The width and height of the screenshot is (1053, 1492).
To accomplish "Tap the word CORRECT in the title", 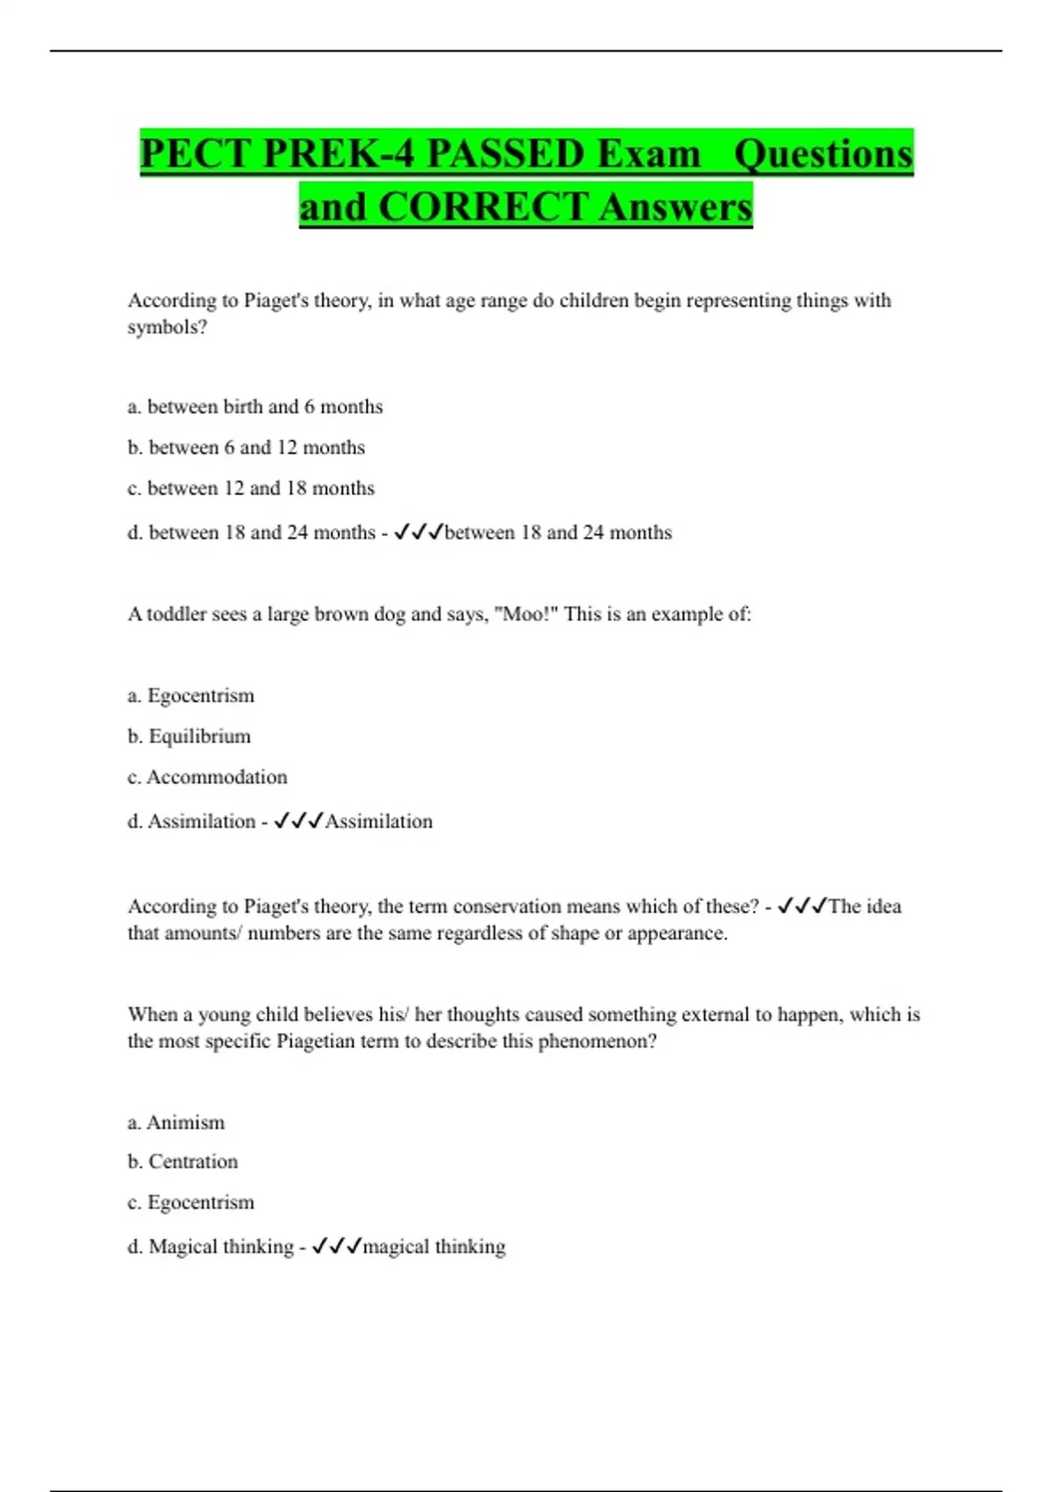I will click(483, 207).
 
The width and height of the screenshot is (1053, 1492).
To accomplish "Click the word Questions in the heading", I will click(823, 154).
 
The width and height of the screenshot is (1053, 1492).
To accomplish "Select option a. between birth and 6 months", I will click(255, 406).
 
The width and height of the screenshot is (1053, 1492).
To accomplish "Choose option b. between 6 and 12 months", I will click(247, 448).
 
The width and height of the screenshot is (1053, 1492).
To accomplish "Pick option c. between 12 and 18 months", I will click(251, 488).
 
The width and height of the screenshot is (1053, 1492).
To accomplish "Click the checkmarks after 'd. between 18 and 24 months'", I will click(418, 532).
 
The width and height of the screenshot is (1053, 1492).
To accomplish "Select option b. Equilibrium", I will click(190, 736).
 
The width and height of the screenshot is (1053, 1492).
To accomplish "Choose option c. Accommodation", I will click(208, 777).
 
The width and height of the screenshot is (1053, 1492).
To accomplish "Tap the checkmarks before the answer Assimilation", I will click(297, 821).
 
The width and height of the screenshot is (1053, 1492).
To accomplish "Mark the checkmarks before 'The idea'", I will click(802, 906).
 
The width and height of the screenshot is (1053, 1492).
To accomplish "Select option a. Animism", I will click(176, 1123).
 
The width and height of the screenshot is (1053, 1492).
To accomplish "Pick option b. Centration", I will click(183, 1162).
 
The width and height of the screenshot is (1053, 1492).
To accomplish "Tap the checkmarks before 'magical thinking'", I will click(336, 1246).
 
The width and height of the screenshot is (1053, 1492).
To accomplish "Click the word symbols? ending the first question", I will click(168, 327).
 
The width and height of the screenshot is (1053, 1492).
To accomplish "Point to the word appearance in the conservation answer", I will click(677, 933).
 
